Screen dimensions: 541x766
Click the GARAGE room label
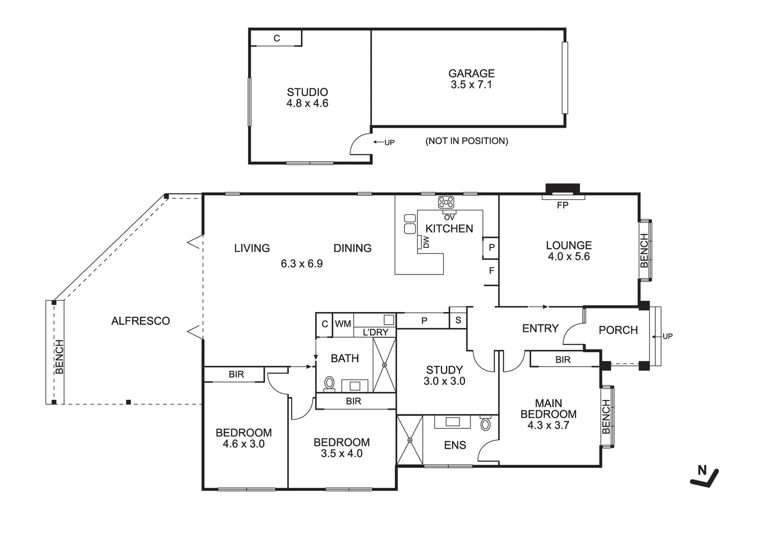click(471, 74)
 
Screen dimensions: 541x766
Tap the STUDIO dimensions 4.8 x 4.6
click(307, 104)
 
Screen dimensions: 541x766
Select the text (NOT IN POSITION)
click(466, 141)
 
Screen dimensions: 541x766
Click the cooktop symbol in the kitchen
click(446, 202)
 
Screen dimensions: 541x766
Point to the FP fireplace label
click(563, 205)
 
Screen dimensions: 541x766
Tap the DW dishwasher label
click(426, 243)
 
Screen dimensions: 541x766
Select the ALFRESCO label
click(140, 321)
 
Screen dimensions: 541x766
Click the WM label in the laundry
click(343, 324)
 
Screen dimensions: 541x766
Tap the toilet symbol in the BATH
click(329, 383)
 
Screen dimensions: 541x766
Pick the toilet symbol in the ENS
click(485, 424)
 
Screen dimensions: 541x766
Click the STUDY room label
click(444, 370)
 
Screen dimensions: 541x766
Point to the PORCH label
click(618, 330)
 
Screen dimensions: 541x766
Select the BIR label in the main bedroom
click(563, 360)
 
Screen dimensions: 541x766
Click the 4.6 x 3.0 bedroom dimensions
click(243, 444)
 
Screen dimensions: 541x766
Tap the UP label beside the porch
click(667, 337)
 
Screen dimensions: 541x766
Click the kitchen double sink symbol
click(410, 223)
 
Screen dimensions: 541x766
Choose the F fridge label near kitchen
click(491, 271)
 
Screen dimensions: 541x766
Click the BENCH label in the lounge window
click(644, 250)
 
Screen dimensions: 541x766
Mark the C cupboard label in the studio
click(277, 39)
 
